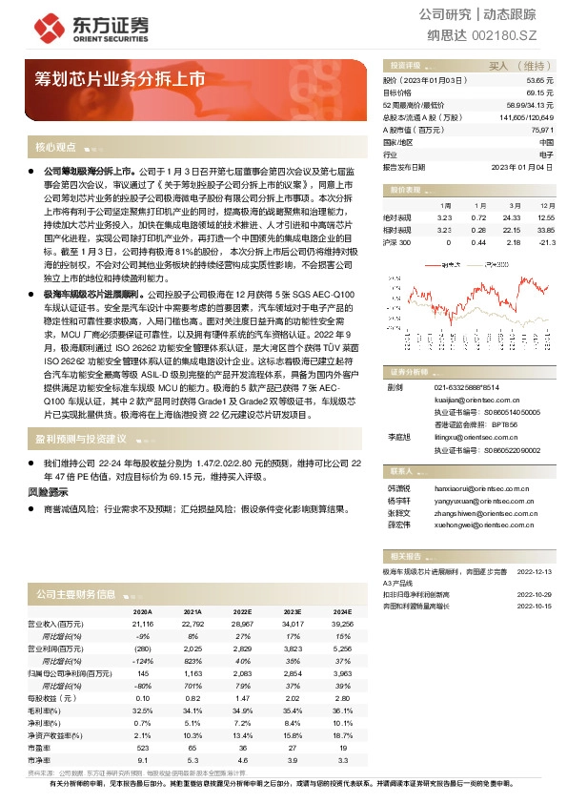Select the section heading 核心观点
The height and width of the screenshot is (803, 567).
55,148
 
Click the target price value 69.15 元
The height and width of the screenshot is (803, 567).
539,93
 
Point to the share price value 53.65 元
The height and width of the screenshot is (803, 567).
539,81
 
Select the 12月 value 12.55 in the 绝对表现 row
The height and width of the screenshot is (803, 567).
545,217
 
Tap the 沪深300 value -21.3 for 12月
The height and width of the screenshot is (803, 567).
546,242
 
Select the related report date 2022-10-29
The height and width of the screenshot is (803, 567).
535,593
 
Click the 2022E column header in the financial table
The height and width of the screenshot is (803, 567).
242,611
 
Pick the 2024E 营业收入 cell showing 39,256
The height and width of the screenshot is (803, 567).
340,624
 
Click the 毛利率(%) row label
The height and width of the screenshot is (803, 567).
42,710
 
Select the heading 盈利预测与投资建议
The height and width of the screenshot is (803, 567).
81,440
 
